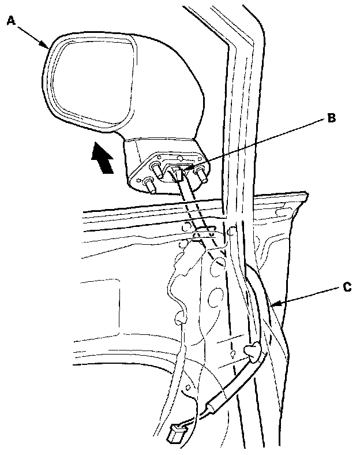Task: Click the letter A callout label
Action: pos(10,21)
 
